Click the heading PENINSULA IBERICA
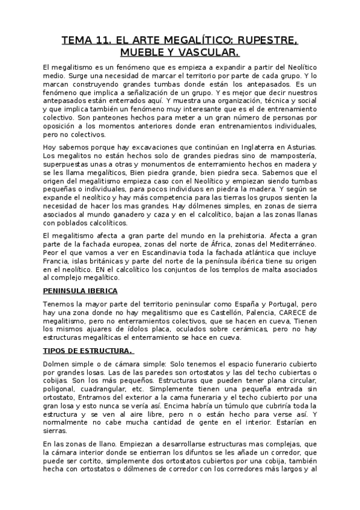80,290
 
